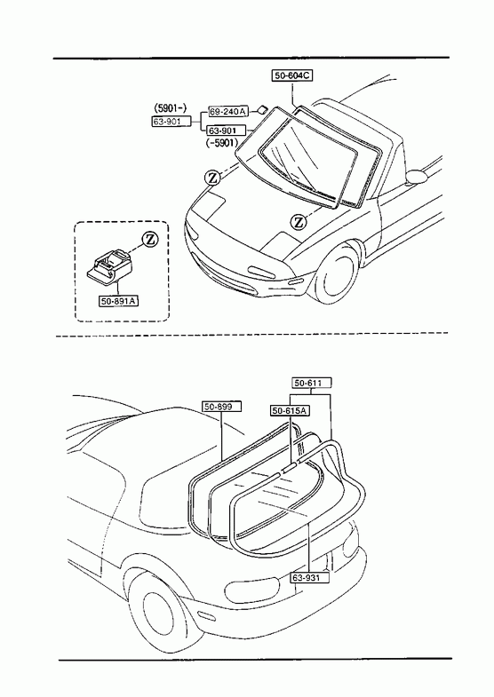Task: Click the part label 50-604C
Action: click(292, 75)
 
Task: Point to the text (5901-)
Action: click(171, 107)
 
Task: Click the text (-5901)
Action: click(222, 142)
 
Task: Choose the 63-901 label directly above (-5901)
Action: click(227, 131)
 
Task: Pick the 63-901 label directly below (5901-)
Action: click(172, 121)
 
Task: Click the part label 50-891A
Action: click(119, 301)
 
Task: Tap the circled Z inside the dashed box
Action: click(150, 239)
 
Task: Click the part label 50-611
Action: click(312, 383)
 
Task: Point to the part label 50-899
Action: click(222, 407)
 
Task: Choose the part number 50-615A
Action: click(291, 411)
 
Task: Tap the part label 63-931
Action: click(311, 577)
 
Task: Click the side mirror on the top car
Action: click(417, 176)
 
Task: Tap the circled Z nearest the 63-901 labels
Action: click(212, 178)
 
